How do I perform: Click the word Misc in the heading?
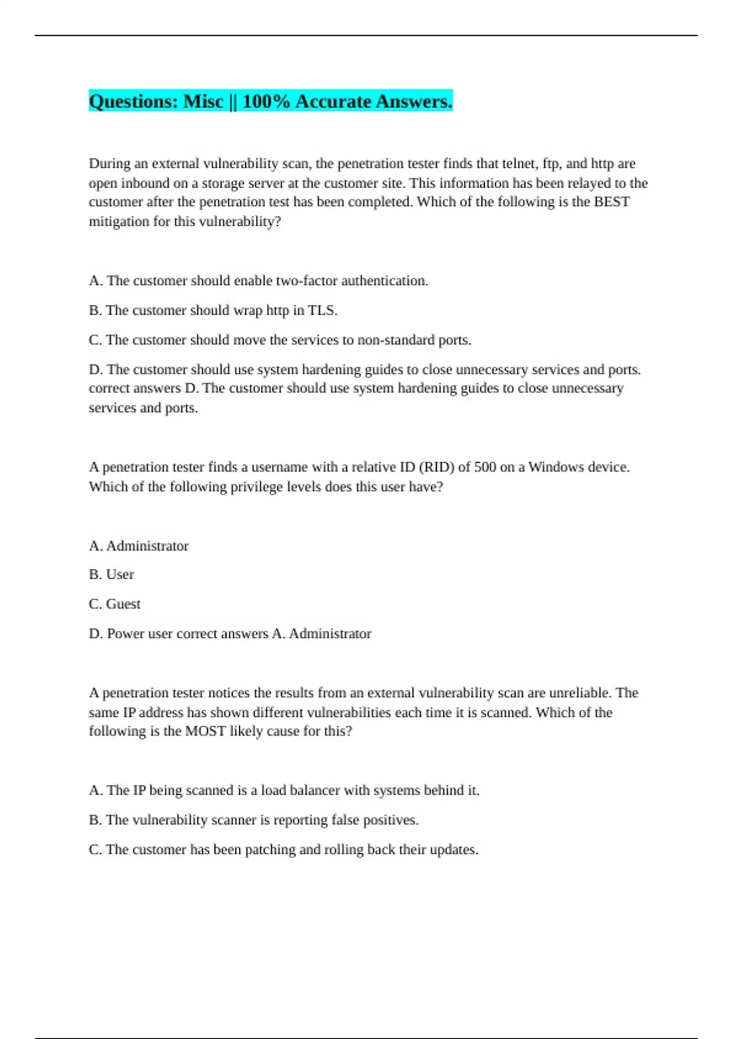click(x=203, y=101)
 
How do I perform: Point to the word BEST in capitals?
click(x=611, y=202)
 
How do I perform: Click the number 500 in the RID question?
click(x=485, y=468)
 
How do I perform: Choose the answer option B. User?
click(x=112, y=575)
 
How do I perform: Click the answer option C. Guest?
click(x=115, y=604)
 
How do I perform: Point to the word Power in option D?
click(x=126, y=634)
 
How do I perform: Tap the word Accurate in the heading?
click(x=333, y=101)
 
